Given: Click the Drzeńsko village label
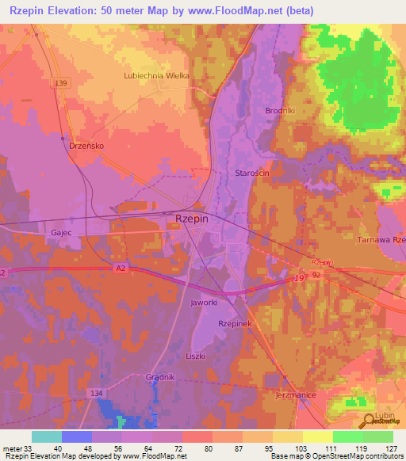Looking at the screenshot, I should pos(84,147).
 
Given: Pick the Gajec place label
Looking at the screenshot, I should pos(61,234).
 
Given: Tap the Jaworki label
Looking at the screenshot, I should pos(204,303).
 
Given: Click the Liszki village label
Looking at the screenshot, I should pos(195,356).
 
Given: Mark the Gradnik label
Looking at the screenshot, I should pos(161,377).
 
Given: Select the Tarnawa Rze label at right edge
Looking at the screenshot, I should pos(381,240).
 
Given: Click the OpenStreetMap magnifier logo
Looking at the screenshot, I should pos(368,417).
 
